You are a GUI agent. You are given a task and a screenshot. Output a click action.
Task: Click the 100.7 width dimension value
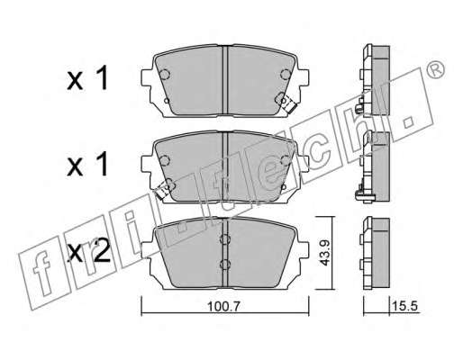click(x=224, y=306)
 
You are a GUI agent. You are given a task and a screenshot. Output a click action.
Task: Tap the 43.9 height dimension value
click(x=324, y=253)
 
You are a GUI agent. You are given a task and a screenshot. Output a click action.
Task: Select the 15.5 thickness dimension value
click(x=404, y=306)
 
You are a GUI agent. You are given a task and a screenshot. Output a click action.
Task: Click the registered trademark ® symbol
click(x=436, y=70)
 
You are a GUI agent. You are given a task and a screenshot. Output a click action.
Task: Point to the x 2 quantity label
click(x=88, y=253)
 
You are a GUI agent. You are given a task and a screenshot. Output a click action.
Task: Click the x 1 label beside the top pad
click(x=87, y=78)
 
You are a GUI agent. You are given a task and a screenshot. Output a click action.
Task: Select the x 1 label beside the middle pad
click(x=87, y=164)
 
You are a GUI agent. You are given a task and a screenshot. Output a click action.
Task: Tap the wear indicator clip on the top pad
click(x=288, y=104)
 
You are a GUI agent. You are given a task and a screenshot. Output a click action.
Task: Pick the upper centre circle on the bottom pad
click(x=225, y=239)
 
